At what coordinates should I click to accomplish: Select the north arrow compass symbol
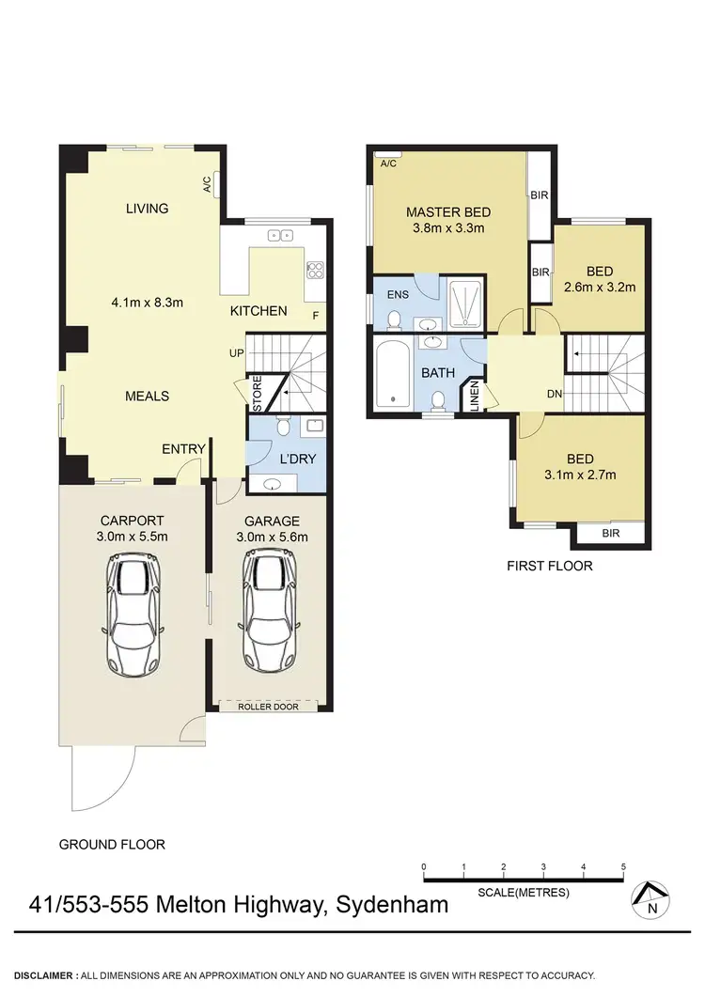tap(650, 900)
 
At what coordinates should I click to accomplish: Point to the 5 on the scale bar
tap(623, 866)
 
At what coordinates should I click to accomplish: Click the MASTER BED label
tap(448, 211)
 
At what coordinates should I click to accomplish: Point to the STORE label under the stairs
tap(257, 394)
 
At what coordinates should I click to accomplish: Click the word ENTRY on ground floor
tap(183, 449)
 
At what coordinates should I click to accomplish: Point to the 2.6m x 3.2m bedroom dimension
tap(599, 287)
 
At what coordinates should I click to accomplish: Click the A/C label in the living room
tap(207, 183)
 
